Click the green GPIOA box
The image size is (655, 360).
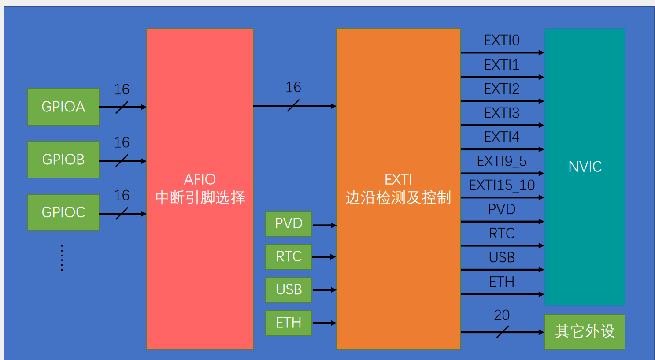click(x=63, y=107)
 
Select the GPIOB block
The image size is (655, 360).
click(x=63, y=160)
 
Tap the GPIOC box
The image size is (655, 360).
click(x=63, y=212)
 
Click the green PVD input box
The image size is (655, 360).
click(x=289, y=223)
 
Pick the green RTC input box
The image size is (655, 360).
click(x=289, y=256)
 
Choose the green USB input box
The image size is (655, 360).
click(x=289, y=289)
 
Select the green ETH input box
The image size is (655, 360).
click(x=289, y=323)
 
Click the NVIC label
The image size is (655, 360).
click(x=585, y=167)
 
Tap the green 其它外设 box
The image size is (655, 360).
click(x=585, y=331)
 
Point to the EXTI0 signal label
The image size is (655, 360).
click(x=502, y=41)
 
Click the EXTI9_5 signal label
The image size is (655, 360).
click(x=502, y=161)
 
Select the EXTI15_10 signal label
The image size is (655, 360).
click(x=502, y=186)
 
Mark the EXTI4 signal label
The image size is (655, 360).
click(x=502, y=137)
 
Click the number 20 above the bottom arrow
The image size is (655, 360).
click(x=502, y=315)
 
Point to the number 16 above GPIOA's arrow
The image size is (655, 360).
click(x=122, y=89)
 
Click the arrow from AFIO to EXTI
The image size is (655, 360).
click(x=294, y=106)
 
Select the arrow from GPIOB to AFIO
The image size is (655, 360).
click(x=122, y=161)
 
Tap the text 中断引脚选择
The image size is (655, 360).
click(x=200, y=197)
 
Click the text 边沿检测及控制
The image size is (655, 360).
click(x=398, y=198)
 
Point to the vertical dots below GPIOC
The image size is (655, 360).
click(x=62, y=258)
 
